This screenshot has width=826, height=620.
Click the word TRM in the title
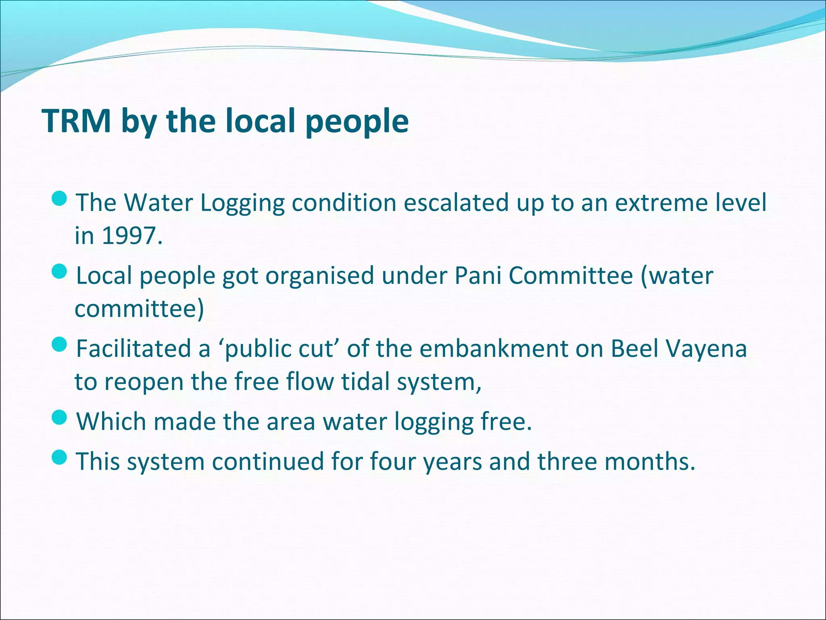point(77,121)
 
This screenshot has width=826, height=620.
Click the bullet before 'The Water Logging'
point(60,198)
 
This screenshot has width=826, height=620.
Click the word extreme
point(661,203)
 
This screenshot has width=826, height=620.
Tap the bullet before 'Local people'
point(60,271)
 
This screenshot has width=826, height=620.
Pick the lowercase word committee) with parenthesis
point(139,309)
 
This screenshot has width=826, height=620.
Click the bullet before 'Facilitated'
point(60,344)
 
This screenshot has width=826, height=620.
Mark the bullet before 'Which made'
point(60,417)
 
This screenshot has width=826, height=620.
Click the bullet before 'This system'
point(60,457)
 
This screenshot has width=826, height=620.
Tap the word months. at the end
point(650,461)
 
